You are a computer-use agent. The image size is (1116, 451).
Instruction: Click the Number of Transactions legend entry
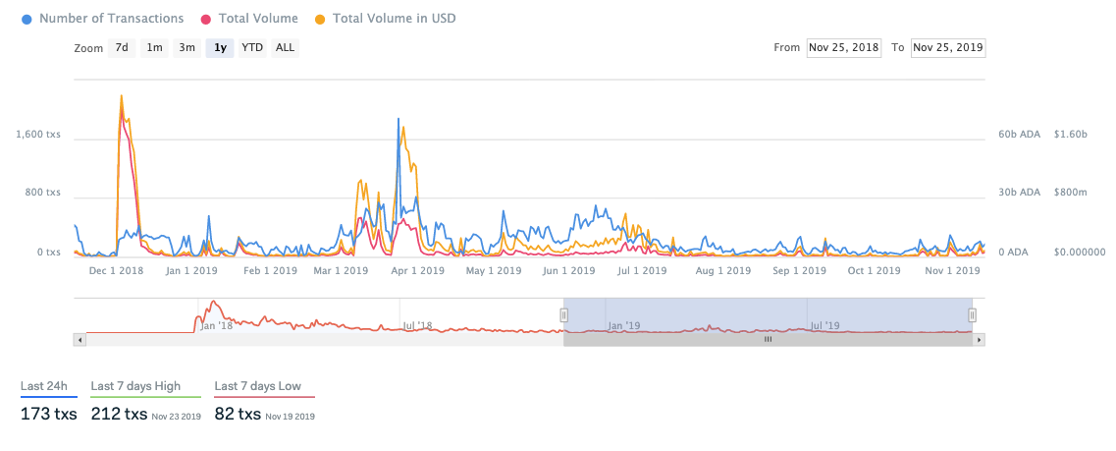point(111,19)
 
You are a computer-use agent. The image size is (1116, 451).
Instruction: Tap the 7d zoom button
point(122,47)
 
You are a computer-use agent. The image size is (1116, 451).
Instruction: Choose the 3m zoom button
point(186,47)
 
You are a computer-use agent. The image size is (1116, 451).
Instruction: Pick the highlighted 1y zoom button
point(220,47)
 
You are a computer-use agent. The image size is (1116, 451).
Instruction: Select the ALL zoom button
point(285,47)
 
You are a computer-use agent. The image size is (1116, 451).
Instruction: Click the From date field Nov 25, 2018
point(843,47)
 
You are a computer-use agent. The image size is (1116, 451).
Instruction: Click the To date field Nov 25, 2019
point(948,47)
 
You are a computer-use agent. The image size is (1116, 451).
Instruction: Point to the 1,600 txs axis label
point(38,135)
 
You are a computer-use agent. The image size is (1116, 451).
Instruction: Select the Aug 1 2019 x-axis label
point(723,270)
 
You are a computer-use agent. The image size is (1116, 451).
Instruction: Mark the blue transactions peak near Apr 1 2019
point(399,119)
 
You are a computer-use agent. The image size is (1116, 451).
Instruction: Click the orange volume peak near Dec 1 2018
point(121,96)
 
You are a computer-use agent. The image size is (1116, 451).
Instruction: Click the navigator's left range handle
point(564,314)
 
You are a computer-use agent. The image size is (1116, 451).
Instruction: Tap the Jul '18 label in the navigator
point(416,325)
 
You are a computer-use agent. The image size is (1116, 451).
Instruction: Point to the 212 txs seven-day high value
point(119,414)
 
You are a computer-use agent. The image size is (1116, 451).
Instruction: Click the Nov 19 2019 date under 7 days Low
point(290,417)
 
